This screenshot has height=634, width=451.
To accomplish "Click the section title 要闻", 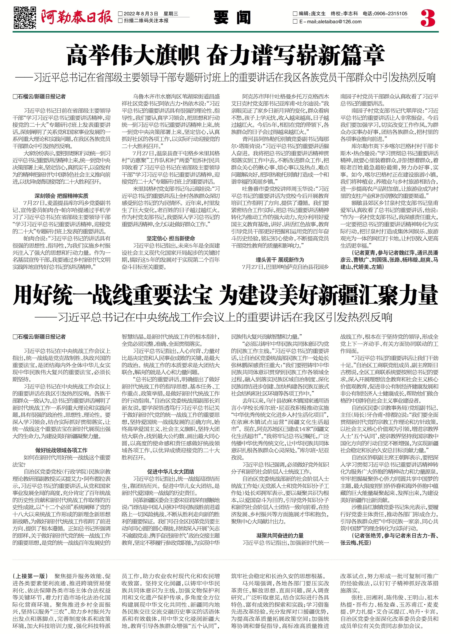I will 232,18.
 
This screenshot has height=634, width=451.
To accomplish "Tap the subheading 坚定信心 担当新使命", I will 171,238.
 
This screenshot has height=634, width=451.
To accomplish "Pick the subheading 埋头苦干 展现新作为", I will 280,260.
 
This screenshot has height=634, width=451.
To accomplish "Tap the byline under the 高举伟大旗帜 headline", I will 39,97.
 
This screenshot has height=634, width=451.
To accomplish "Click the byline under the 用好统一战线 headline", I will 39,337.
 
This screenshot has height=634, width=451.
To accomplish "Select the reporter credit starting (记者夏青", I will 389,260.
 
